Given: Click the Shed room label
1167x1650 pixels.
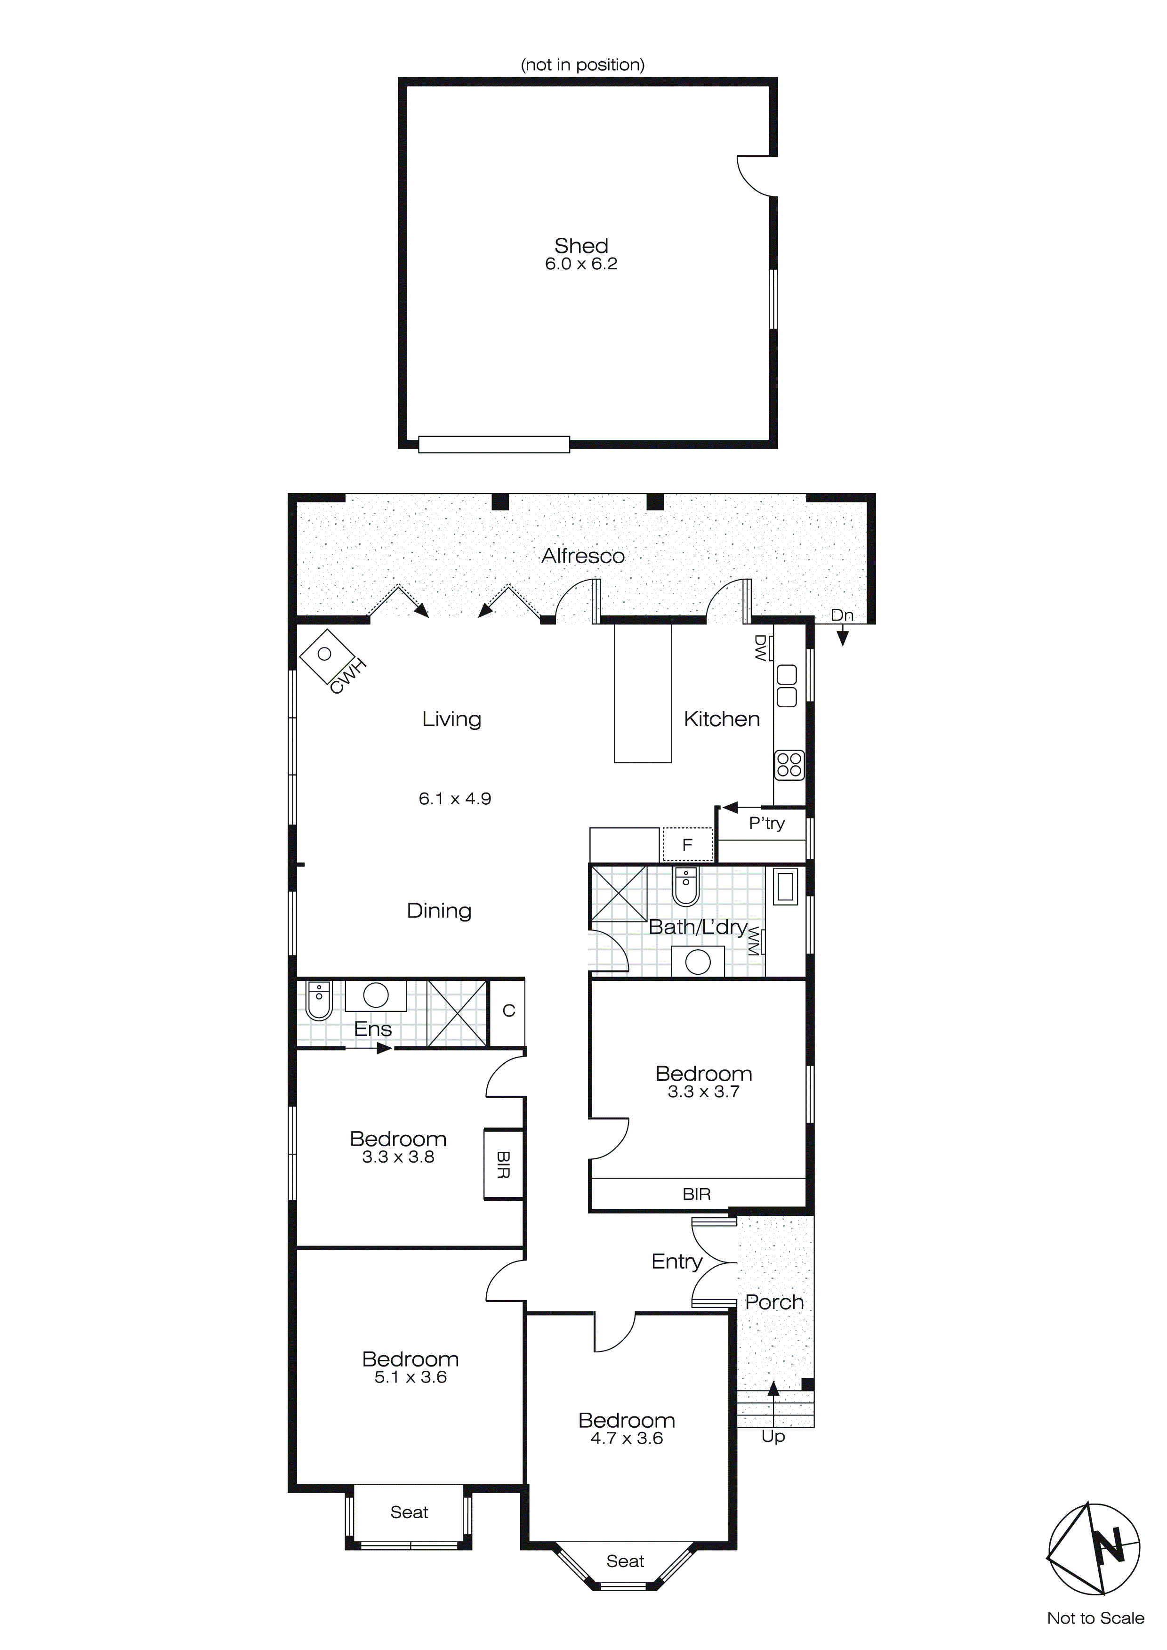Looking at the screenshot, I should coord(580,246).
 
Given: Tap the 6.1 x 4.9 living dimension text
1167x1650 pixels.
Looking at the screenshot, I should coord(454,799).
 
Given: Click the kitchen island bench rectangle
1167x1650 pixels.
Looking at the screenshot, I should coord(643,692).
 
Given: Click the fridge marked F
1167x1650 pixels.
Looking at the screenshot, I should coord(687,844).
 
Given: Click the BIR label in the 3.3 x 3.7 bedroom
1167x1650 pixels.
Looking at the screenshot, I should coord(696,1194).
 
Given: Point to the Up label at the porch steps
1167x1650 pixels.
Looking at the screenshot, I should coord(773,1437).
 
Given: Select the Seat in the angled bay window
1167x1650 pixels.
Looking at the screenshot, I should coord(625,1561).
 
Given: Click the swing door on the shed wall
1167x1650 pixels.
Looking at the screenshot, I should coord(755,176).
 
